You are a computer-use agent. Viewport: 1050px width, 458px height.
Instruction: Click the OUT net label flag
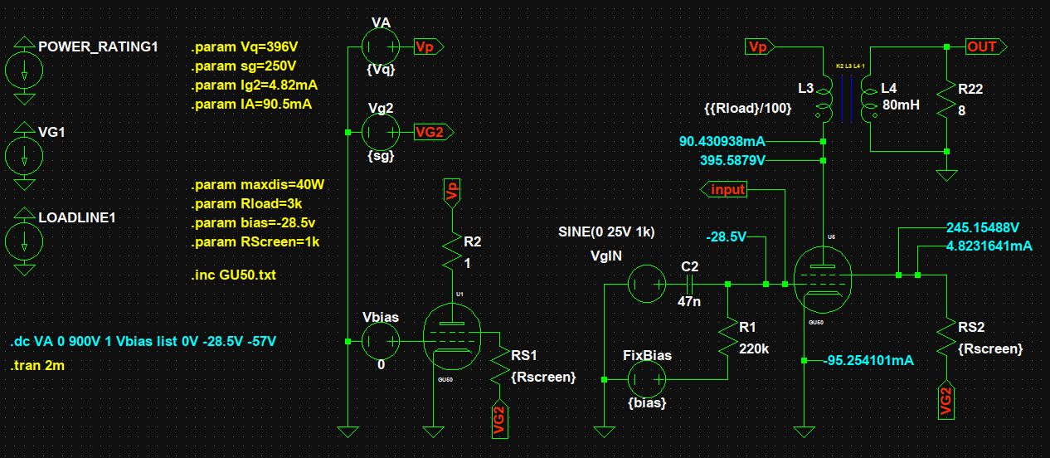tap(985, 47)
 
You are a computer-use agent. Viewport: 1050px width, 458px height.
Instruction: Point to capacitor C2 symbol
tap(690, 284)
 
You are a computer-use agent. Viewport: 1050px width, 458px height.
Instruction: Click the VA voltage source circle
tap(382, 47)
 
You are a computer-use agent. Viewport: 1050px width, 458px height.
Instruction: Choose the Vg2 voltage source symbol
tap(382, 132)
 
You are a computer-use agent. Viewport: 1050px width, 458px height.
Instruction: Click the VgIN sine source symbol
tap(647, 284)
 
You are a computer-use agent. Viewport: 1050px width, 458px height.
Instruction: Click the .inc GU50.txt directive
tap(234, 275)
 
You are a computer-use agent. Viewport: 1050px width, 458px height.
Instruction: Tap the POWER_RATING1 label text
tap(98, 46)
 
